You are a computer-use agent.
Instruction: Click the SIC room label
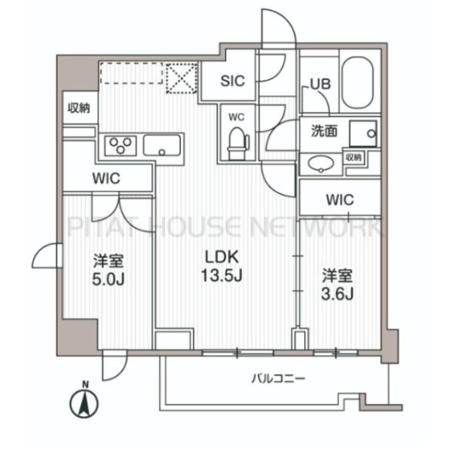click(x=232, y=81)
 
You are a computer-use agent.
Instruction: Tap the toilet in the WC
click(x=238, y=144)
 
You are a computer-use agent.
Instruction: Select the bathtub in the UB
click(x=357, y=83)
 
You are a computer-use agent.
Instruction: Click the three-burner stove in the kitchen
click(x=121, y=145)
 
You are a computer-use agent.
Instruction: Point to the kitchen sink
click(x=162, y=145)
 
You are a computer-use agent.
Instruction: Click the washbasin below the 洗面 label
click(x=321, y=163)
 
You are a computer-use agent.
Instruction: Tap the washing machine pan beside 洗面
click(x=363, y=134)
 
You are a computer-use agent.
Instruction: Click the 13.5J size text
click(x=221, y=275)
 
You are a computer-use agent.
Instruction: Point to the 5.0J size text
click(x=108, y=279)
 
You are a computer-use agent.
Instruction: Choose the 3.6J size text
click(x=337, y=295)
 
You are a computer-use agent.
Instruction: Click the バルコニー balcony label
click(x=278, y=378)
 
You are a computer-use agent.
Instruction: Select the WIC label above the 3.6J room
click(x=340, y=200)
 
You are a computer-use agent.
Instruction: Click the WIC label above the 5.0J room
click(x=106, y=179)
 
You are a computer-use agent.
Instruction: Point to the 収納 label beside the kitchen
click(x=78, y=108)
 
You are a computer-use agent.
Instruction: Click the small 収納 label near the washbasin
click(x=354, y=157)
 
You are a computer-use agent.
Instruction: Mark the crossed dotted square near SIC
click(x=182, y=78)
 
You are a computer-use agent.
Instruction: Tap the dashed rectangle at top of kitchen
click(x=131, y=73)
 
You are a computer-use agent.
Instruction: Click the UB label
click(x=320, y=84)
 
